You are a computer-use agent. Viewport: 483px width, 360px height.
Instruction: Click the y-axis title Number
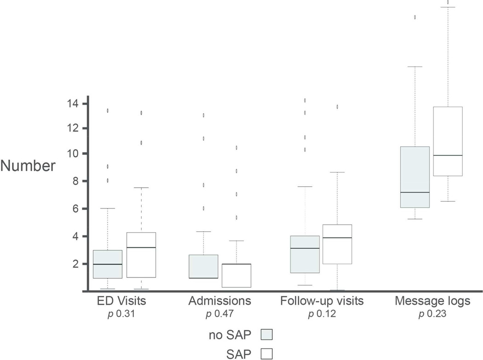[x=27, y=166]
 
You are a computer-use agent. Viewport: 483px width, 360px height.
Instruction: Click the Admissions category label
[x=220, y=302]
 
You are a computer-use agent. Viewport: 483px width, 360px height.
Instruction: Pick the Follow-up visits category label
[x=322, y=302]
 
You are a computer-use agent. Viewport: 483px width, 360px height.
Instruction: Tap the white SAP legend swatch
[x=267, y=354]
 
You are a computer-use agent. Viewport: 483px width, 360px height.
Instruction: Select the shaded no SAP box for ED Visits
[x=108, y=264]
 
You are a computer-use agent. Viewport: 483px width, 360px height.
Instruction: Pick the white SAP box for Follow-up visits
[x=338, y=244]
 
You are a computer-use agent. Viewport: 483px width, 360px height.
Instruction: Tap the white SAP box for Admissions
[x=236, y=275]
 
